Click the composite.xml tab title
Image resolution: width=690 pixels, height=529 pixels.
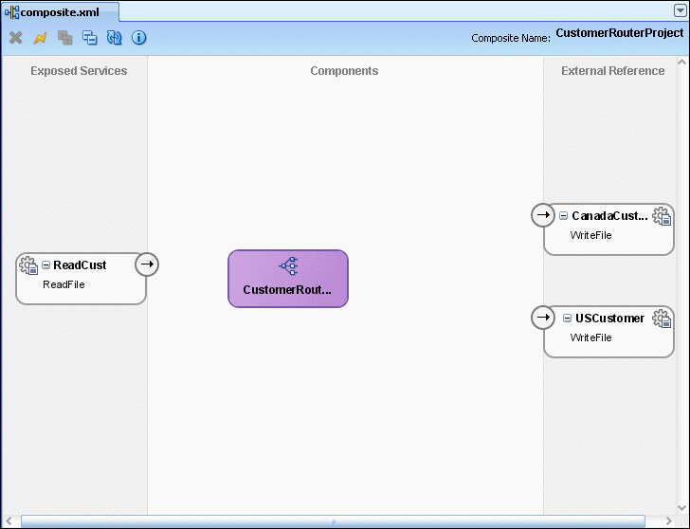tap(60, 12)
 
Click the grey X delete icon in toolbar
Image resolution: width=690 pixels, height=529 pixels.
tap(16, 38)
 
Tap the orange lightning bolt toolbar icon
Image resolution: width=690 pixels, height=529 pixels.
tap(40, 38)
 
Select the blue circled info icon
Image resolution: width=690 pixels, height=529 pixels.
tap(138, 38)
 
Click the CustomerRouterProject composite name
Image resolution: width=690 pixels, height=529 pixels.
tap(620, 33)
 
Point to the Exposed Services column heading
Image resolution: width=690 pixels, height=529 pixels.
tap(79, 71)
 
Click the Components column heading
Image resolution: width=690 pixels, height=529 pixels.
tap(344, 71)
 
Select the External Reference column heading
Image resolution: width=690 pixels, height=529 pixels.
tap(612, 71)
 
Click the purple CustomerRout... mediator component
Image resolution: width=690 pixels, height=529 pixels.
tap(288, 279)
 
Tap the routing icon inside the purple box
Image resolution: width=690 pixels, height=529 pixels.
tap(289, 265)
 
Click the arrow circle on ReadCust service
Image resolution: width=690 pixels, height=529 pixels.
tap(147, 264)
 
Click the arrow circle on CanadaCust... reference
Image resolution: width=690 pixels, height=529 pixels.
tap(543, 215)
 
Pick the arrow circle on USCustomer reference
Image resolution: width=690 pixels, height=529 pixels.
tap(543, 318)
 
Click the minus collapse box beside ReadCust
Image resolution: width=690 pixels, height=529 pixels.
tap(45, 264)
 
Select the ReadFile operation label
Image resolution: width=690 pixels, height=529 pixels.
tap(64, 284)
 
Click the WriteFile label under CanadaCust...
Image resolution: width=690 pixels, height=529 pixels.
tap(591, 235)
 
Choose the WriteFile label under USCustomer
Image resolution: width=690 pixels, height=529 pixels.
tap(591, 337)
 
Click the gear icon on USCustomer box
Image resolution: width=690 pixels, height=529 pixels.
tap(662, 319)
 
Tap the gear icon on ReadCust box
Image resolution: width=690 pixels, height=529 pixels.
tap(28, 265)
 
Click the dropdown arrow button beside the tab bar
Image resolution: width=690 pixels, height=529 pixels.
tap(680, 10)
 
